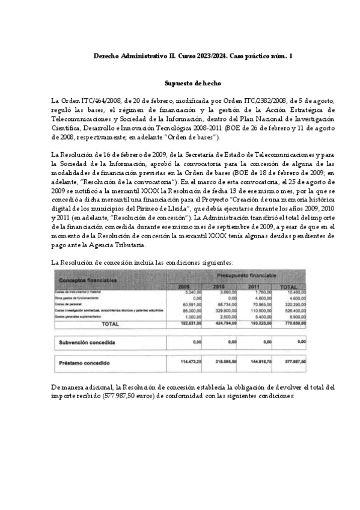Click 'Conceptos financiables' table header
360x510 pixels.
tap(88, 280)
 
